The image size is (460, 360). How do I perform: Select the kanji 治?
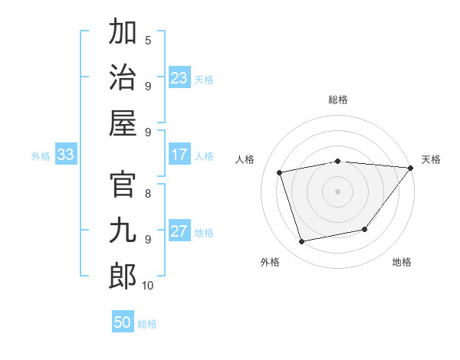(123, 77)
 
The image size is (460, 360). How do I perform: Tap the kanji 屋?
(123, 123)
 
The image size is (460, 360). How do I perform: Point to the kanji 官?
(123, 185)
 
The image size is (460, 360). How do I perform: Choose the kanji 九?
(123, 231)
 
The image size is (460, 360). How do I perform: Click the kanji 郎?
(123, 277)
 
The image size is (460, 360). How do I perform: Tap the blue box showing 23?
(179, 77)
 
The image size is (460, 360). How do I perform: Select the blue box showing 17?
(179, 155)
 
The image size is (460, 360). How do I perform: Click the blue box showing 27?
(179, 231)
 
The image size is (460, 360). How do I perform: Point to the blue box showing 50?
(123, 322)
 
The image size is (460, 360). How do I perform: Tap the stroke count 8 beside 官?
(148, 193)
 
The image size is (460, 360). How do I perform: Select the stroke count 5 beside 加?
(148, 41)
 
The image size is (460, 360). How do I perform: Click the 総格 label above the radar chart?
(337, 100)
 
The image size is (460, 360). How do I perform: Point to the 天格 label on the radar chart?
(431, 159)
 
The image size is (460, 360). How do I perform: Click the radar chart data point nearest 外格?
(302, 242)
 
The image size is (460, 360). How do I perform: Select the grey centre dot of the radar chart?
(337, 191)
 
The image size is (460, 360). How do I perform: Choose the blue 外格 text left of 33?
(41, 156)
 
